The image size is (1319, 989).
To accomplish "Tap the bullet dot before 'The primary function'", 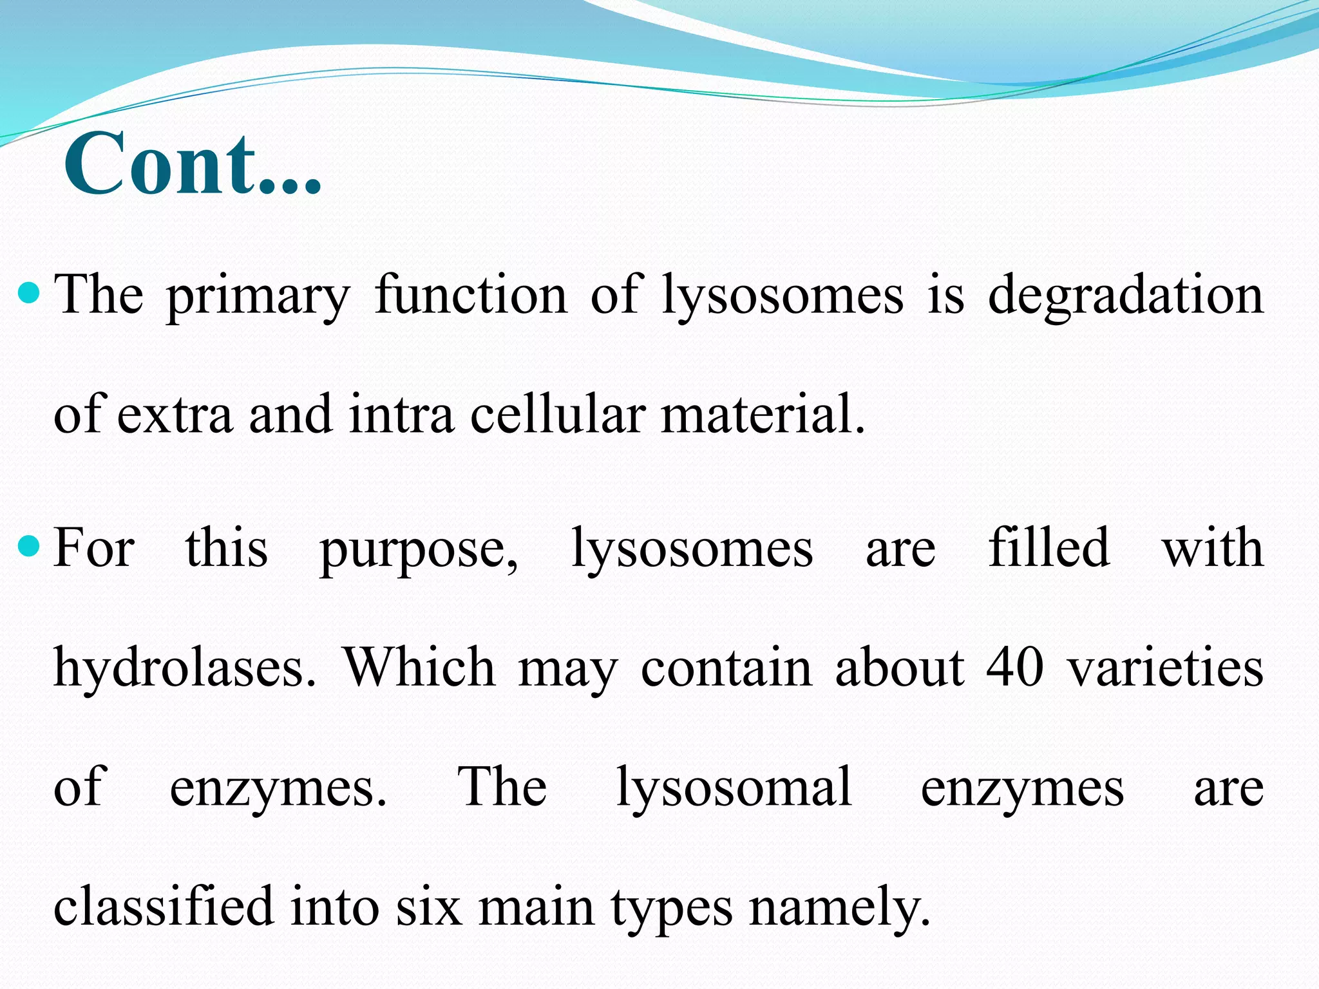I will pos(30,294).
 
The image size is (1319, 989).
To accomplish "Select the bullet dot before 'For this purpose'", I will pos(30,547).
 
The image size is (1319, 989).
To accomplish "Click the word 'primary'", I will pos(258,296).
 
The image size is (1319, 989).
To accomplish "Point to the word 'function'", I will pos(471,294).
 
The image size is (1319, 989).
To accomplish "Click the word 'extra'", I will pos(175,415).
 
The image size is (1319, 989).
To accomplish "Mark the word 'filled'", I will pos(1049,547).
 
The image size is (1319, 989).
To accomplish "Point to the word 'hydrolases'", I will pos(184,668).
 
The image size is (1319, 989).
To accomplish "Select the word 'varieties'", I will pos(1166,668).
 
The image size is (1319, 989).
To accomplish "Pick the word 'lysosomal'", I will pos(734,787).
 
